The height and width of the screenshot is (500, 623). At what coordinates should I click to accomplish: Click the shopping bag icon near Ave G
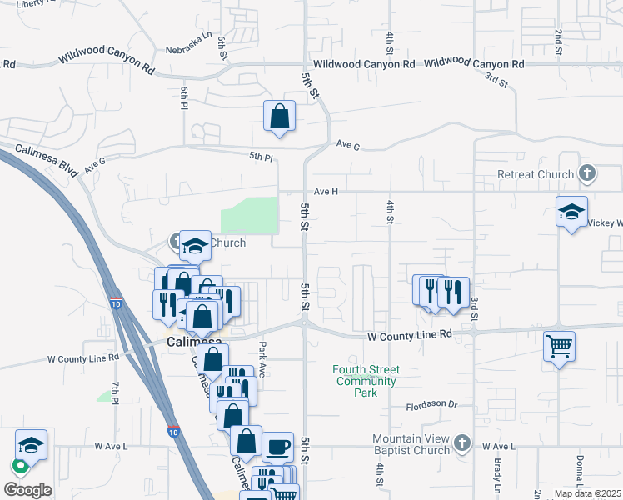click(x=280, y=117)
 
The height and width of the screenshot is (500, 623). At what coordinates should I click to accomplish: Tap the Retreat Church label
click(x=536, y=174)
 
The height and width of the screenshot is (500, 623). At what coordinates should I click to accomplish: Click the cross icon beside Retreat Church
click(x=587, y=173)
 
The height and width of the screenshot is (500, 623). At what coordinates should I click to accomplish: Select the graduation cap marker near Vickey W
click(x=572, y=213)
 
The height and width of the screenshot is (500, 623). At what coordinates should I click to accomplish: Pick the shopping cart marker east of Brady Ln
click(x=559, y=345)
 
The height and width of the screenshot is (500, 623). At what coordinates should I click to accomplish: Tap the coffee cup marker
click(x=278, y=447)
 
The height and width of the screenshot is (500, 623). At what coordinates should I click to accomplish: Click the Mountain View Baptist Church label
click(x=411, y=444)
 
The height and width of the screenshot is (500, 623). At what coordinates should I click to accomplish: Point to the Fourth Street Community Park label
click(x=366, y=381)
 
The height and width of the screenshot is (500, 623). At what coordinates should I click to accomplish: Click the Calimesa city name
click(x=194, y=342)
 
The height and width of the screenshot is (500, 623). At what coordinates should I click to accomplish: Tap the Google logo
click(x=28, y=489)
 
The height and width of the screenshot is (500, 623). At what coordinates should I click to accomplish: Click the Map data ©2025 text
click(x=587, y=493)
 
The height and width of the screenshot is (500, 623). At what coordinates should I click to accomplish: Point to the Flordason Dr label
click(x=432, y=405)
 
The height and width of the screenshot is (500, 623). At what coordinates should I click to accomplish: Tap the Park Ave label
click(x=262, y=359)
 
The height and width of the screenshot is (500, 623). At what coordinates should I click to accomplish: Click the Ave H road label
click(x=326, y=191)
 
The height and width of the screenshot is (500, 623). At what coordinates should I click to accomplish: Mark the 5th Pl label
click(x=261, y=157)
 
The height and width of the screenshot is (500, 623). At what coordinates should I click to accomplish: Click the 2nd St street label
click(x=557, y=37)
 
